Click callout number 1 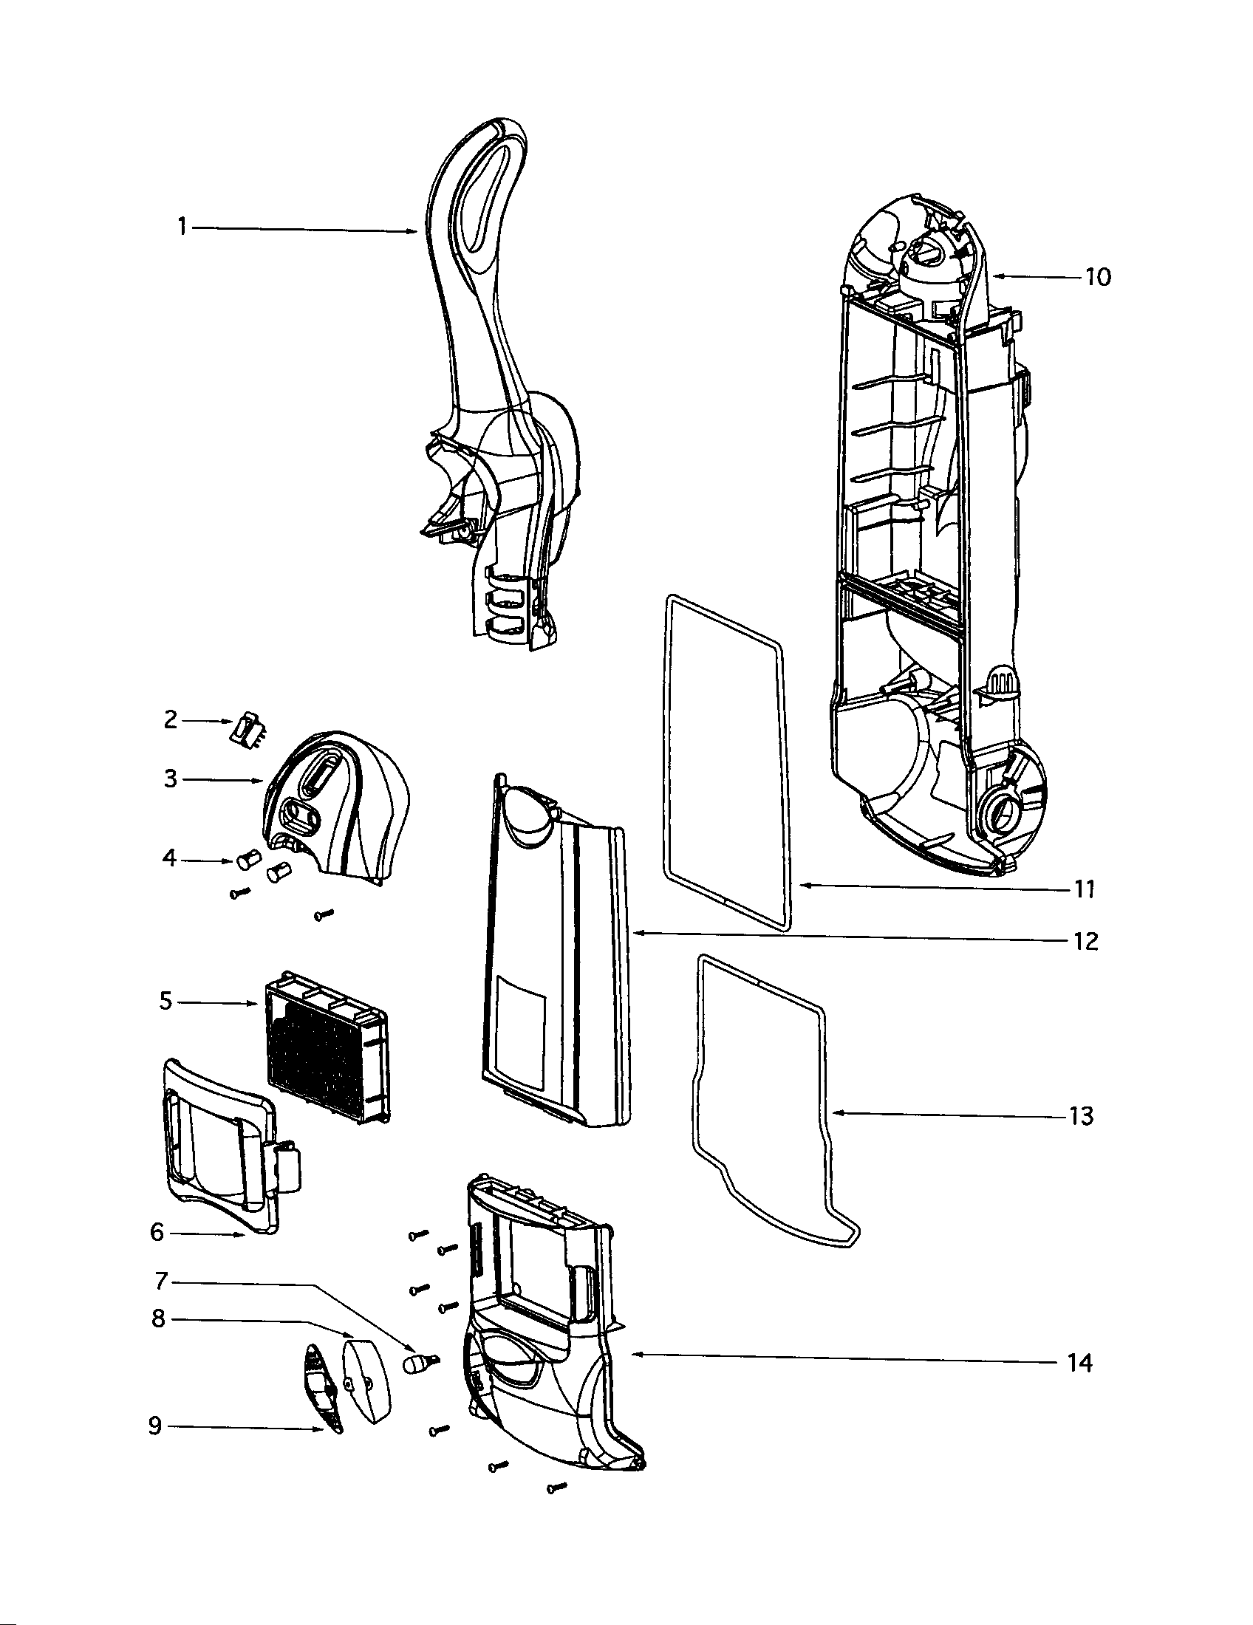[x=182, y=227]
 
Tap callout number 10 [x=1098, y=277]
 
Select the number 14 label [x=1079, y=1363]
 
